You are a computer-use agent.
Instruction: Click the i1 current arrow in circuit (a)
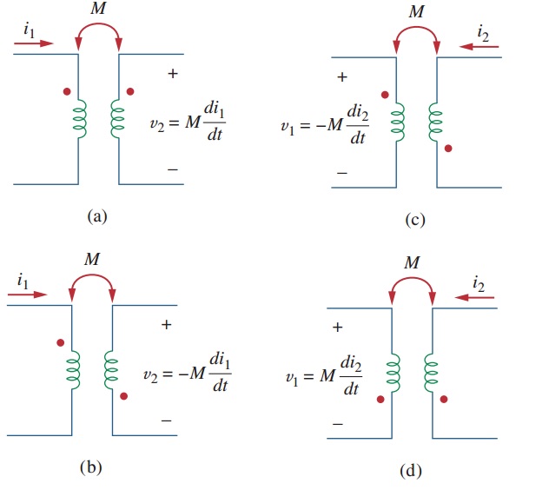pos(36,41)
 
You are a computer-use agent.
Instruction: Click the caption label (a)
pos(97,216)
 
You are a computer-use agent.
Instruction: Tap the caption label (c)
pos(415,220)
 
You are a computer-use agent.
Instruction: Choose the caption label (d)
pos(411,471)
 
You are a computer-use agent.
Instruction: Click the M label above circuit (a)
pos(98,10)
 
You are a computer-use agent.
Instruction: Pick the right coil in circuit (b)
pos(110,370)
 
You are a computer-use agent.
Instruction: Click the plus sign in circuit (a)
pos(172,75)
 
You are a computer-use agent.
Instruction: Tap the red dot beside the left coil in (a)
pos(66,90)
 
